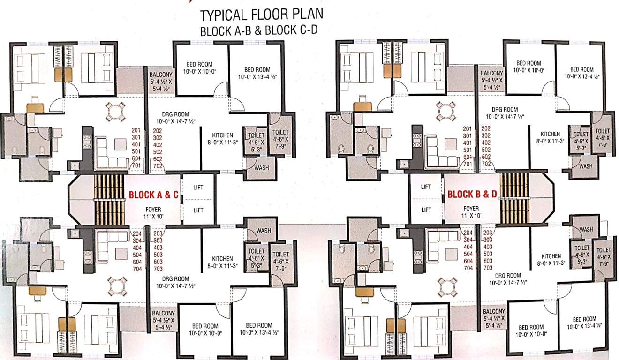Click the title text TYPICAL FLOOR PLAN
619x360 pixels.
click(x=261, y=15)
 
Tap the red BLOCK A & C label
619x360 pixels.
click(x=154, y=195)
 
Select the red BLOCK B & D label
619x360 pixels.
click(x=472, y=194)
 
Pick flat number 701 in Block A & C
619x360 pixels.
click(x=137, y=165)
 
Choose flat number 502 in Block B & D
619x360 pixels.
click(x=486, y=150)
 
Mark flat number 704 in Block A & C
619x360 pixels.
click(x=137, y=269)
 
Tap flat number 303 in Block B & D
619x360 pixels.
click(x=488, y=240)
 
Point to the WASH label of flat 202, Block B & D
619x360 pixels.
click(x=586, y=166)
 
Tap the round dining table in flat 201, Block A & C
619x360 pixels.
click(x=115, y=112)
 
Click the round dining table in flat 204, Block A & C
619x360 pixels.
click(x=115, y=284)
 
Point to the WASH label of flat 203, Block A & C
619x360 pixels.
click(x=263, y=231)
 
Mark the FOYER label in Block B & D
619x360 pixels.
click(x=471, y=209)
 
